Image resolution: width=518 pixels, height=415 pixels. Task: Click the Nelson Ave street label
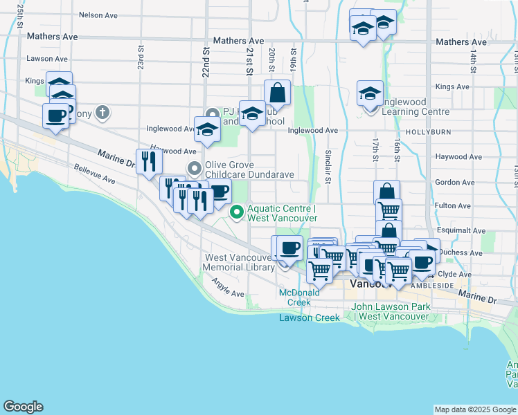pos(100,14)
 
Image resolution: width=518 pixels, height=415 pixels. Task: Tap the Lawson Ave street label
pos(46,59)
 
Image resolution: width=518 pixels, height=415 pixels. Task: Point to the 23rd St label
pos(141,58)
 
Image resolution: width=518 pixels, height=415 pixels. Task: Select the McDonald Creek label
pos(299,297)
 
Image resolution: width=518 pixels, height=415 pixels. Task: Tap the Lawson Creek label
pos(310,317)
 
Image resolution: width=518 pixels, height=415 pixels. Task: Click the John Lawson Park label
pos(391,311)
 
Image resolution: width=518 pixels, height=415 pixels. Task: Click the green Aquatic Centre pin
pos(237,212)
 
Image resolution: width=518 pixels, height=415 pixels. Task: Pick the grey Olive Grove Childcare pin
pos(195,168)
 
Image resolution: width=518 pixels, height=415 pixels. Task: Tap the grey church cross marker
pos(102,112)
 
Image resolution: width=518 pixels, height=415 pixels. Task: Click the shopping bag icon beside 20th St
pos(277,91)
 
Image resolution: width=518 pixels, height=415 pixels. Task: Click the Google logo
pos(24,407)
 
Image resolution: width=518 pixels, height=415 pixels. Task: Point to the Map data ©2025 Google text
pos(475,409)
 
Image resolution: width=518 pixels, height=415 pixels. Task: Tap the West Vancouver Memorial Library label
pos(239,262)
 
